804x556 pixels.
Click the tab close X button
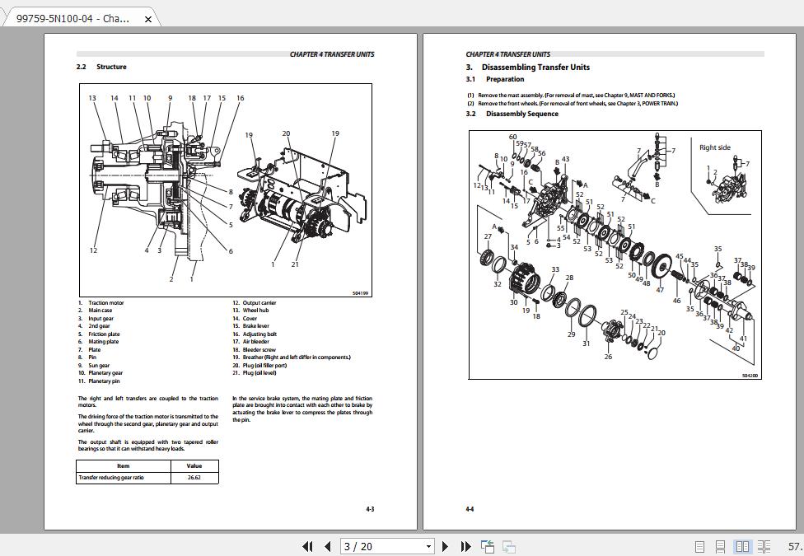tap(148, 19)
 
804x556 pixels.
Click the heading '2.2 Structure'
tap(101, 67)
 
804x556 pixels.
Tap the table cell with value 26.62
tap(194, 478)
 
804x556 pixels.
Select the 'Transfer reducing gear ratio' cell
tap(110, 478)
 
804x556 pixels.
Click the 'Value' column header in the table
tap(194, 465)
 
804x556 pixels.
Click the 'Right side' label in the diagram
tap(714, 147)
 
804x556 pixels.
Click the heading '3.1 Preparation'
tap(495, 79)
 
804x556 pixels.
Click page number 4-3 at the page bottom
tap(370, 509)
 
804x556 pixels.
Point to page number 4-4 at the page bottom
tap(470, 509)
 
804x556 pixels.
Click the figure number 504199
tap(360, 293)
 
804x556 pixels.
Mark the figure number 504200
tap(750, 376)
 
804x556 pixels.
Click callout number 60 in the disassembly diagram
tap(512, 137)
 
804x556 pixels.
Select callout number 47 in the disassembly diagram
tap(660, 290)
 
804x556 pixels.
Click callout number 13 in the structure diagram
tap(92, 98)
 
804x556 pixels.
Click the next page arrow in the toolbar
tap(446, 546)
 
